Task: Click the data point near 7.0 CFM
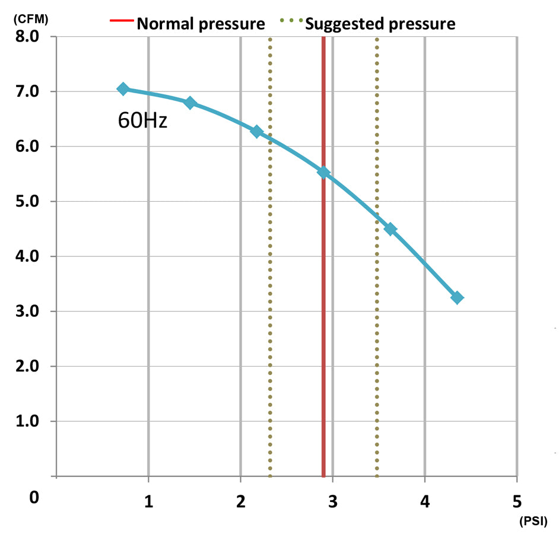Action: [123, 89]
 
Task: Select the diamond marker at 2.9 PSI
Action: [323, 173]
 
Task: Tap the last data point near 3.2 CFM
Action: [457, 298]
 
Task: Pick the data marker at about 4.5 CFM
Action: [390, 229]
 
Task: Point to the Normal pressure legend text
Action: [201, 24]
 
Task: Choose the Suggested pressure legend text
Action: [380, 24]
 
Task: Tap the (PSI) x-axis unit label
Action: [536, 522]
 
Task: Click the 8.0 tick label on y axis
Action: [26, 37]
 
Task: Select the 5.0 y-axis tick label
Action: [26, 202]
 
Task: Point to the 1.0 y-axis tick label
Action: [26, 421]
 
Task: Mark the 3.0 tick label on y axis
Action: [26, 311]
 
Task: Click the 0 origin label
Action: [33, 497]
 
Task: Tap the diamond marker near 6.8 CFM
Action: [190, 103]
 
